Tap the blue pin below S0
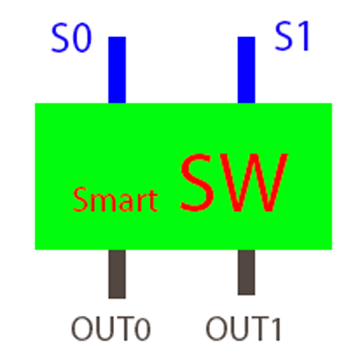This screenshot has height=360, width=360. tap(117, 70)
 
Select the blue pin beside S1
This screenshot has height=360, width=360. tap(246, 70)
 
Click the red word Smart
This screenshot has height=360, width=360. tap(115, 200)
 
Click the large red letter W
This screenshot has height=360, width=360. tap(257, 184)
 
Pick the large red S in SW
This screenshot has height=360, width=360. tap(199, 184)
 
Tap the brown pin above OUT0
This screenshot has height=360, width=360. tap(117, 274)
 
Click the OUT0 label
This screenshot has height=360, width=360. tap(111, 328)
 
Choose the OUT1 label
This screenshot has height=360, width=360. tap(243, 328)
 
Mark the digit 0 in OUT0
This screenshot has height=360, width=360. tap(143, 329)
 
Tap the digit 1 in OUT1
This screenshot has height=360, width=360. tap(274, 328)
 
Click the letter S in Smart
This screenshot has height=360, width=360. tap(80, 201)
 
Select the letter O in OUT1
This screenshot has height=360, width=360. tap(217, 328)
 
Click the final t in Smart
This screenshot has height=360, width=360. tap(151, 202)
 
